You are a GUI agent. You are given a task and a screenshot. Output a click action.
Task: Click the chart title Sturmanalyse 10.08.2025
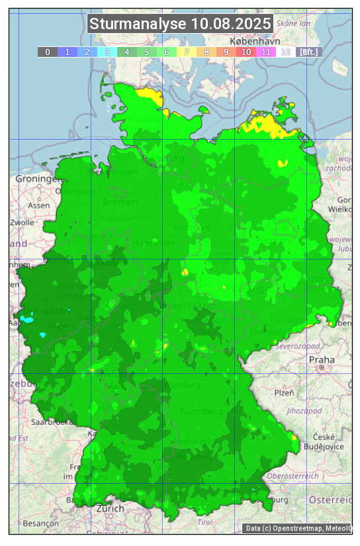coord(180,24)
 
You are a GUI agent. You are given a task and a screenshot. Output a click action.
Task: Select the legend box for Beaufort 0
coord(48,52)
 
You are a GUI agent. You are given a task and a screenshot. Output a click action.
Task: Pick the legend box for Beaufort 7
coord(187,52)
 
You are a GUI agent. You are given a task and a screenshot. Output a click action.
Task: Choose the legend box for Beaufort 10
coord(246,52)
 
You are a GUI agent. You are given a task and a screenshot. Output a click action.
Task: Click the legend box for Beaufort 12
coord(286,52)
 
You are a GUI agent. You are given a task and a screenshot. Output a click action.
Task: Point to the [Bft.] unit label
coord(309,52)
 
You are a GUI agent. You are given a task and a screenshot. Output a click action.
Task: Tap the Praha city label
coord(317,359)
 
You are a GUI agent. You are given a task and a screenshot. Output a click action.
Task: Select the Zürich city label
coord(110,508)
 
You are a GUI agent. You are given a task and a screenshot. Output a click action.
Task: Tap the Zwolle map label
coord(22,222)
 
